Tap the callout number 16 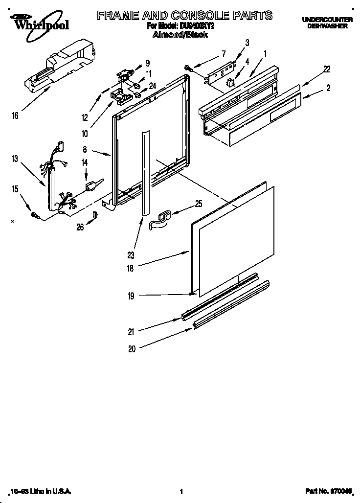tap(16, 115)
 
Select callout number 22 tap(326, 69)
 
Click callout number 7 tap(224, 53)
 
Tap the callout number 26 tap(79, 227)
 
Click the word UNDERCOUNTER tap(327, 19)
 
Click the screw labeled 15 tap(35, 214)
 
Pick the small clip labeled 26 tap(96, 214)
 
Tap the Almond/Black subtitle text tap(180, 35)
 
